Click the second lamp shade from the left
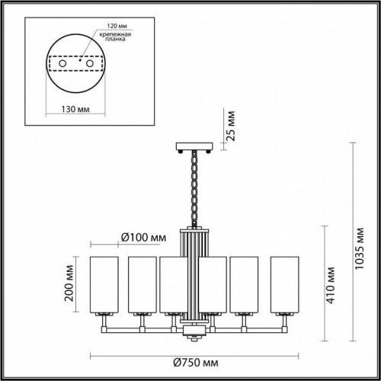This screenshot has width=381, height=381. pos(140,283)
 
